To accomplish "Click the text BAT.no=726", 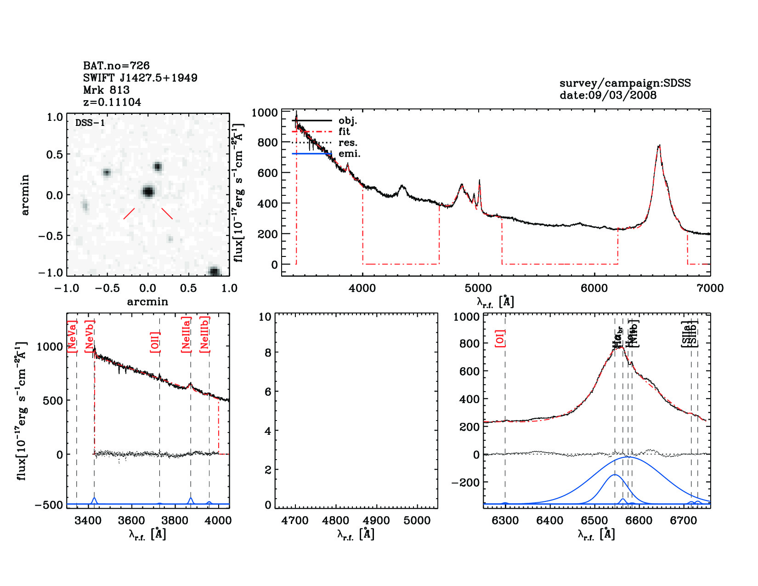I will (x=116, y=66).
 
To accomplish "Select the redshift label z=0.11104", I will (x=112, y=102).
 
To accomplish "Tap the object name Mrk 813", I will (x=106, y=90).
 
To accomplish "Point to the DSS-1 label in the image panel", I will (x=90, y=123).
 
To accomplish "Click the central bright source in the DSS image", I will (x=148, y=191).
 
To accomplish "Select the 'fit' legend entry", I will (x=344, y=132).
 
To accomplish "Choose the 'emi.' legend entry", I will (x=349, y=154).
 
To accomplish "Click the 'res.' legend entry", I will (x=348, y=143).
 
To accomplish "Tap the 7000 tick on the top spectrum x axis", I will (x=710, y=288).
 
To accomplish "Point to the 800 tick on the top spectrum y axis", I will (x=267, y=142).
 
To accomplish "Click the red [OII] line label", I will (x=155, y=342).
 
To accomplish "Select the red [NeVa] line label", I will (x=72, y=337).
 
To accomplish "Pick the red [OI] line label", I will (x=500, y=338).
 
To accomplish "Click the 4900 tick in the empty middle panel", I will (x=376, y=521).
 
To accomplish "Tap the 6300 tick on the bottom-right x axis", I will (x=505, y=521).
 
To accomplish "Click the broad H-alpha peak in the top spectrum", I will (x=659, y=146).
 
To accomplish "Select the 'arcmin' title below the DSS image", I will (x=147, y=302).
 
